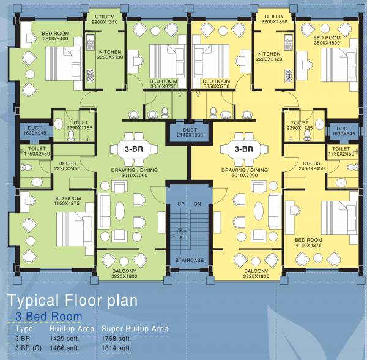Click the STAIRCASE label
[190, 260]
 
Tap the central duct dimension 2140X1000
[190, 135]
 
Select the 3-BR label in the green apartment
[134, 149]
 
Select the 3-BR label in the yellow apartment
[244, 149]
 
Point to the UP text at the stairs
[181, 204]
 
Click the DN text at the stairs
[198, 204]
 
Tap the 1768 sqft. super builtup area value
[116, 339]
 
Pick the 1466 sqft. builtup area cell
[65, 348]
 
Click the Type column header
[24, 329]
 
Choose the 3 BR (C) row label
[28, 348]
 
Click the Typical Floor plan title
[73, 301]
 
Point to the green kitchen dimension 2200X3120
[110, 58]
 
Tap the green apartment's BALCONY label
[124, 271]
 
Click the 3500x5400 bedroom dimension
[56, 39]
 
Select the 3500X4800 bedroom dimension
[327, 43]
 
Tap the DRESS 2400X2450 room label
[311, 166]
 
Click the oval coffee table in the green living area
[120, 211]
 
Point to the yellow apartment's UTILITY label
[274, 17]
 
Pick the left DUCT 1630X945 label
[35, 130]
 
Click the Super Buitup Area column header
[135, 329]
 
